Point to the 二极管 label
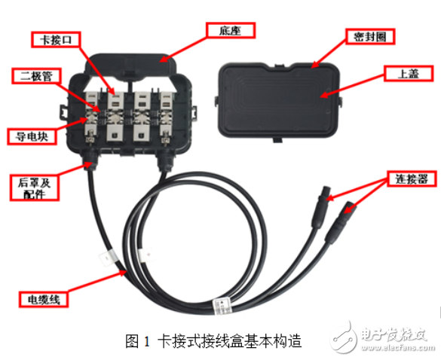point(35,75)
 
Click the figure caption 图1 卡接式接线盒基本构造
point(213,341)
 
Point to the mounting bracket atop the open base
point(133,60)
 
